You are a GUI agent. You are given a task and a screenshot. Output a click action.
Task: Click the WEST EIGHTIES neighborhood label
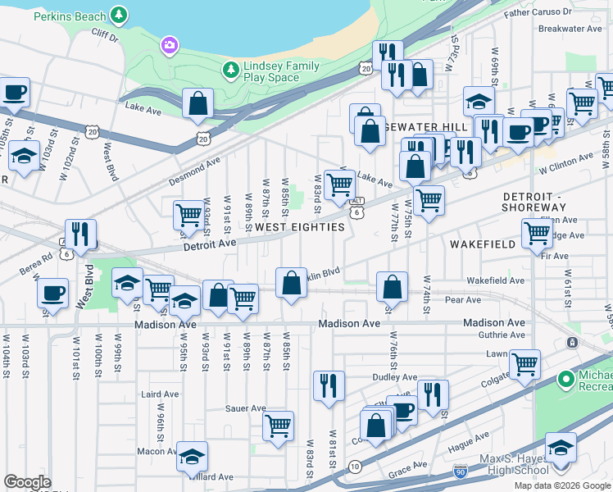(299, 227)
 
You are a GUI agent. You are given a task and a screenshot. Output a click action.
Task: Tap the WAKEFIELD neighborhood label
(483, 244)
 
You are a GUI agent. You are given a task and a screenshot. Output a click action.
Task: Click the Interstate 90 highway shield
(461, 473)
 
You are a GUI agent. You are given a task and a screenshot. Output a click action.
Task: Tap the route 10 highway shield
(354, 466)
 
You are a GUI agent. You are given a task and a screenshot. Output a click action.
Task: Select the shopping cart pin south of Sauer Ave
(278, 426)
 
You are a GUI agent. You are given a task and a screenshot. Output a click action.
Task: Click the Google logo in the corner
(27, 482)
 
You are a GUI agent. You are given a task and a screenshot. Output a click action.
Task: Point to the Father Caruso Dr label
(537, 13)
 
